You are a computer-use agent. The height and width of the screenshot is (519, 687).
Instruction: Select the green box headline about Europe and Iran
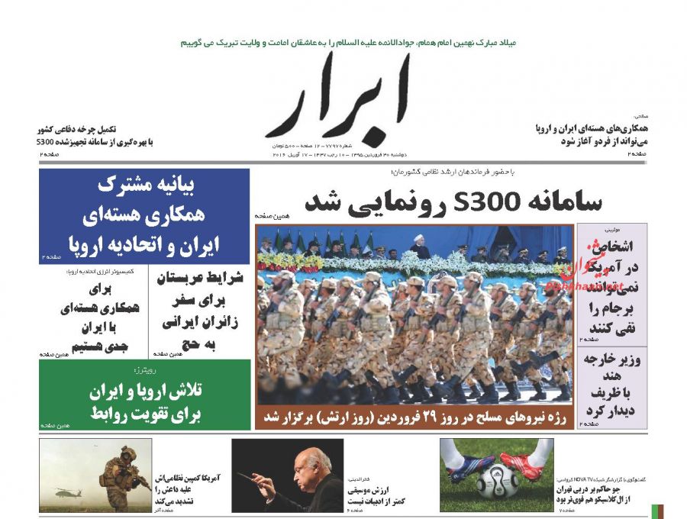click(x=144, y=401)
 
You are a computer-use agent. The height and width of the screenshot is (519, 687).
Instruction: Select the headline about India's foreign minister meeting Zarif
click(x=611, y=386)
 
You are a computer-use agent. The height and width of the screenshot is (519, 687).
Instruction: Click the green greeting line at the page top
click(x=348, y=44)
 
